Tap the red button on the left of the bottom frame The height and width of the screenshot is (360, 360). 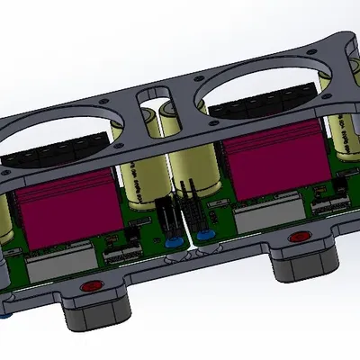(x=90, y=287)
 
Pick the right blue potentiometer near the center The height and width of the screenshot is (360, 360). (x=204, y=236)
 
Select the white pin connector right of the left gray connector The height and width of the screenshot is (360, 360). (x=114, y=255)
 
